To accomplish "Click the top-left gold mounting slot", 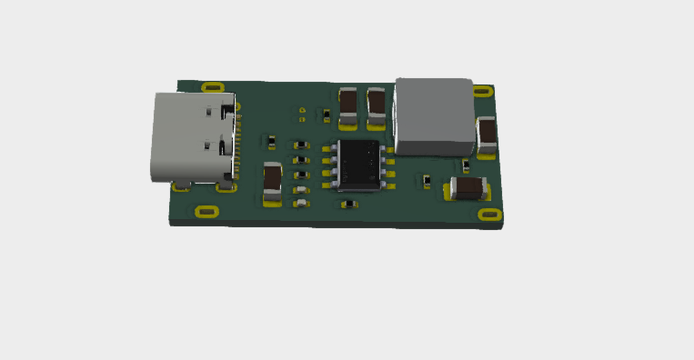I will pyautogui.click(x=213, y=87).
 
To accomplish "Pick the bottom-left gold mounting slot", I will pyautogui.click(x=206, y=213).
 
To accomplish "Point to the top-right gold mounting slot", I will pyautogui.click(x=483, y=90).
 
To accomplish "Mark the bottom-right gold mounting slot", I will pyautogui.click(x=489, y=215).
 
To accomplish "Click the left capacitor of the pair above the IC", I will pyautogui.click(x=348, y=104).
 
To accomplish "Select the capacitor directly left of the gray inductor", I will pyautogui.click(x=377, y=104).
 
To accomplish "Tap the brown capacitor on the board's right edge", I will pyautogui.click(x=487, y=133).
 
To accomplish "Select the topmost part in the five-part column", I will pyautogui.click(x=300, y=145).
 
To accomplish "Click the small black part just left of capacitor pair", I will pyautogui.click(x=327, y=115).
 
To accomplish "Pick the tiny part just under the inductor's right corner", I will pyautogui.click(x=466, y=165).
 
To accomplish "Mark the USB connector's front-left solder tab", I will pyautogui.click(x=181, y=187).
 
